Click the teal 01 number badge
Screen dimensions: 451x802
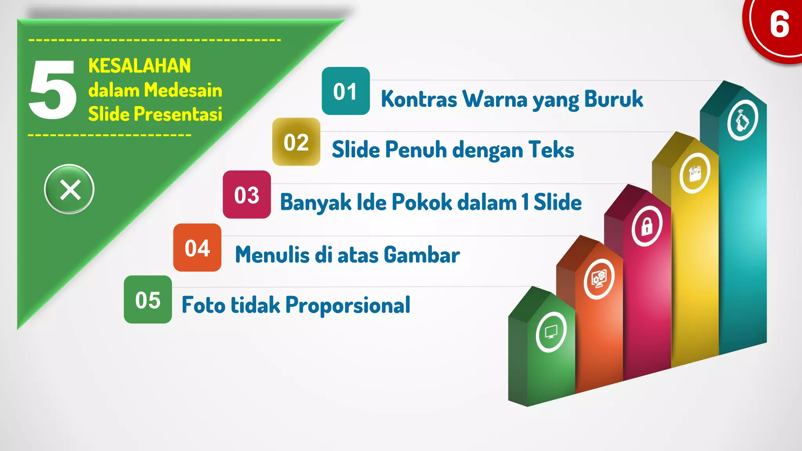pyautogui.click(x=345, y=91)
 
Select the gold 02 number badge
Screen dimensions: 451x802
pyautogui.click(x=296, y=142)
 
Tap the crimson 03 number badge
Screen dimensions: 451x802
pyautogui.click(x=247, y=195)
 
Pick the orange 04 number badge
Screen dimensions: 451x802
pyautogui.click(x=197, y=247)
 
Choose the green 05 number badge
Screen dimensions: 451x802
pyautogui.click(x=148, y=299)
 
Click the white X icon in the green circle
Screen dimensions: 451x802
pyautogui.click(x=70, y=189)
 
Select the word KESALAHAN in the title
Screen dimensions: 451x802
pyautogui.click(x=139, y=65)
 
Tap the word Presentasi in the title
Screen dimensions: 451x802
pyautogui.click(x=178, y=114)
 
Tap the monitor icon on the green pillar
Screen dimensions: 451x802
pyautogui.click(x=551, y=332)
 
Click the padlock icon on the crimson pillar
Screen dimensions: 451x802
pyautogui.click(x=647, y=226)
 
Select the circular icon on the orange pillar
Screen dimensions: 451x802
pyautogui.click(x=599, y=279)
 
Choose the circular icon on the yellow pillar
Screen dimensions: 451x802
pyautogui.click(x=695, y=173)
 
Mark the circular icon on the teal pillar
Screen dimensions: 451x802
pyautogui.click(x=742, y=120)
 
